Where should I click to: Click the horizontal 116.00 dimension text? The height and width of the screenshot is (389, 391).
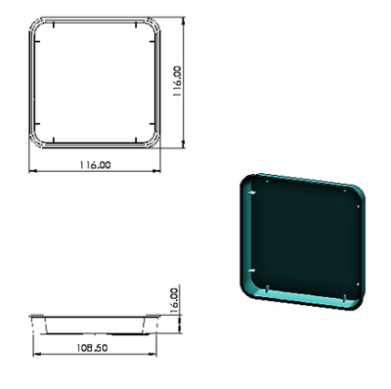point(95,165)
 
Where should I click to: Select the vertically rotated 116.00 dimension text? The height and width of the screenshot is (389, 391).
point(177,81)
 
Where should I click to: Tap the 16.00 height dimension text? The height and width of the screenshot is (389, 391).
point(175,300)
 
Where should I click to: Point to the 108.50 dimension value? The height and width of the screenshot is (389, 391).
point(92,348)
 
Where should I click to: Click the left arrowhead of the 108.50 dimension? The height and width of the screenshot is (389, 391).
point(37,354)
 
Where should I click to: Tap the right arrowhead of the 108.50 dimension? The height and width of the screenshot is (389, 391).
point(152,354)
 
